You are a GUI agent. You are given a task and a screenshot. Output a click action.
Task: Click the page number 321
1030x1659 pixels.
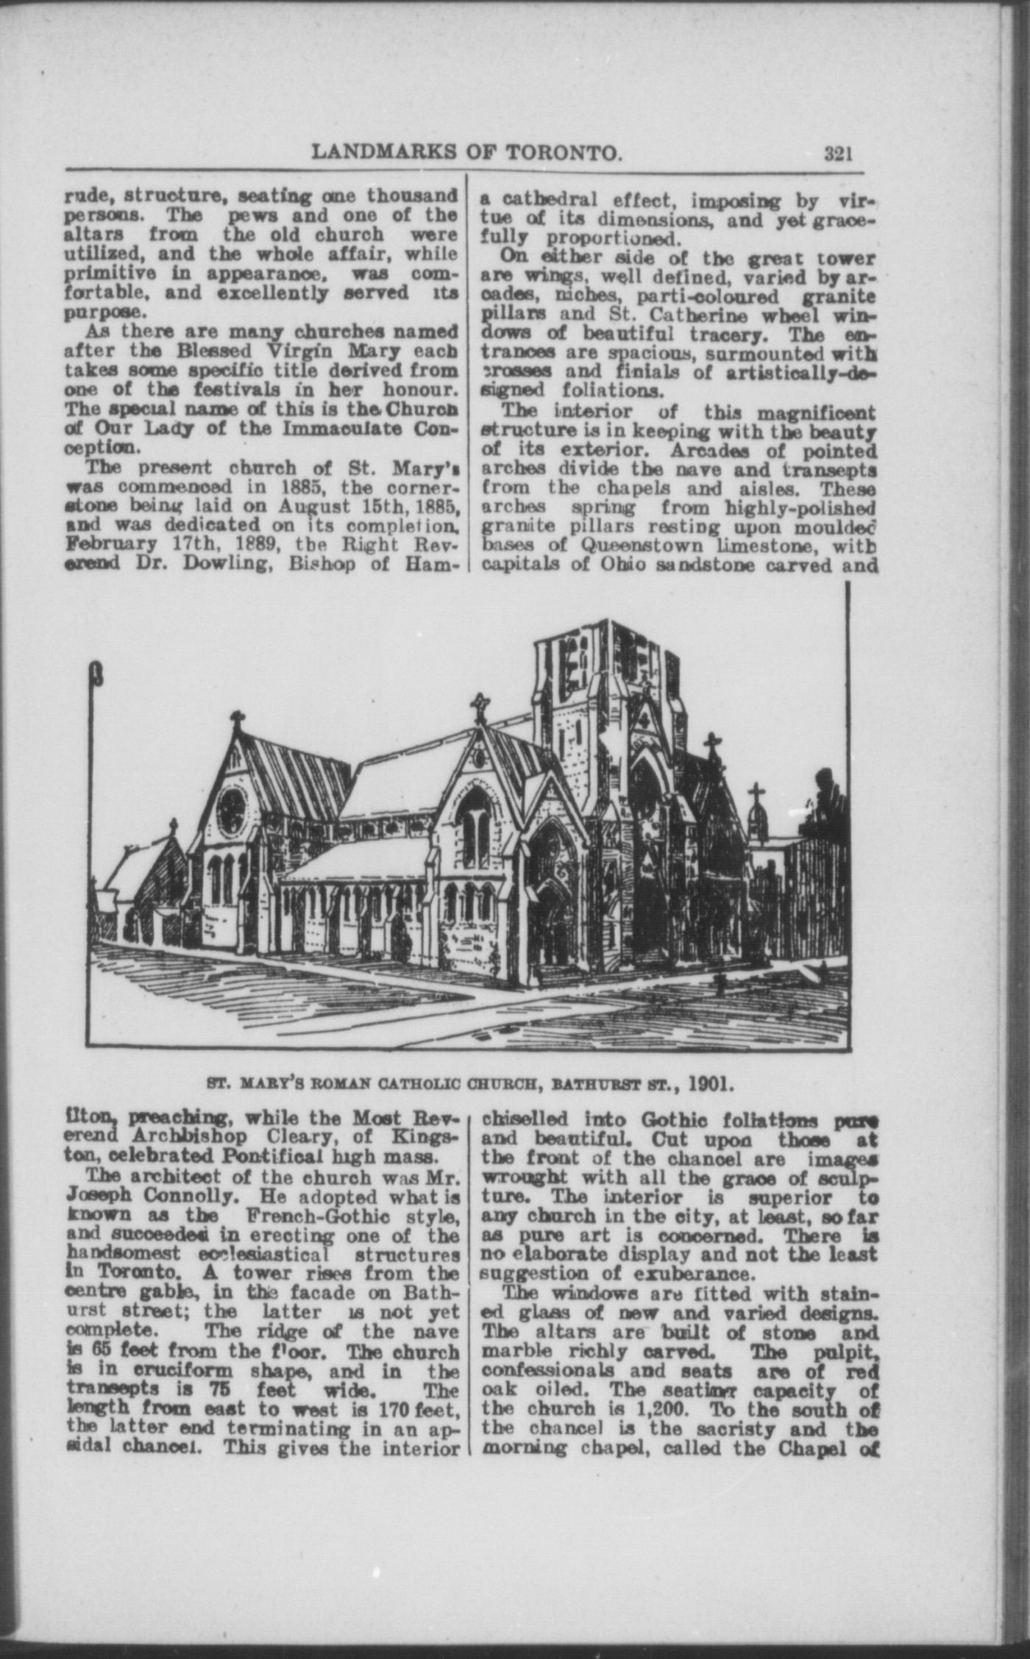tap(837, 153)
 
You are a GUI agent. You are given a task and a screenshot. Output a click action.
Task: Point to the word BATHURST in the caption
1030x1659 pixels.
tap(589, 1084)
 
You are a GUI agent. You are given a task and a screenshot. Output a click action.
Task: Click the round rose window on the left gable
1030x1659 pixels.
tap(231, 807)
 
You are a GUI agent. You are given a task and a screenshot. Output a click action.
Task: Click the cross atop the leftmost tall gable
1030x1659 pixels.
tap(237, 721)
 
